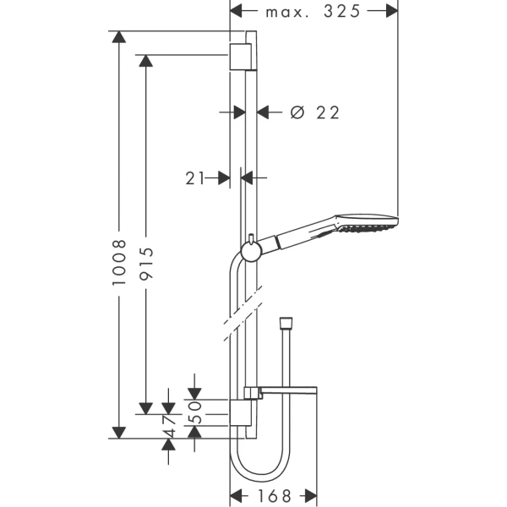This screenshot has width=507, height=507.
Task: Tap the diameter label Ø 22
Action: tap(314, 113)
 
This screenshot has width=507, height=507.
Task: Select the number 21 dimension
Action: tap(196, 177)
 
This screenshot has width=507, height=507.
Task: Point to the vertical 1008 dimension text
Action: tap(119, 263)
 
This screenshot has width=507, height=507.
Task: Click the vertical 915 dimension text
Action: tap(146, 263)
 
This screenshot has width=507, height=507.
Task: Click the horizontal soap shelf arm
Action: tap(287, 390)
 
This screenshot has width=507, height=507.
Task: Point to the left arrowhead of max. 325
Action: tap(238, 12)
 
